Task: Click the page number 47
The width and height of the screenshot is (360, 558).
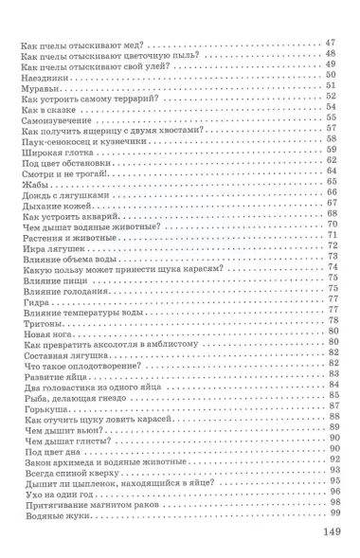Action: coord(330,42)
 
